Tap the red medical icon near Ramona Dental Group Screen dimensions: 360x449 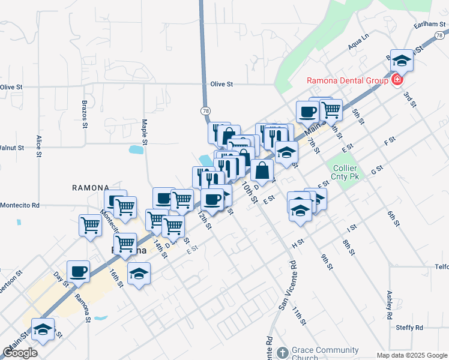(x=397, y=80)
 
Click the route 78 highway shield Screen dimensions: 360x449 (x=206, y=111)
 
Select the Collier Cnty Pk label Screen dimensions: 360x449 (x=346, y=173)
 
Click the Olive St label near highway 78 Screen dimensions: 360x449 (x=221, y=85)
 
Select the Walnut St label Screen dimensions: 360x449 (x=11, y=147)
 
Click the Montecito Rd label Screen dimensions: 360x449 (x=19, y=205)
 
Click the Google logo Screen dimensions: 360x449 (x=20, y=353)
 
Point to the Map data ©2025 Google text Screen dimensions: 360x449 (x=412, y=355)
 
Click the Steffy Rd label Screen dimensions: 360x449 (x=409, y=328)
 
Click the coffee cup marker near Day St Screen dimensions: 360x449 (x=78, y=271)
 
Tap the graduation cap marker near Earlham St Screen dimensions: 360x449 (x=402, y=60)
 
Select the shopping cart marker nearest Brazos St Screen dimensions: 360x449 (x=90, y=226)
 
